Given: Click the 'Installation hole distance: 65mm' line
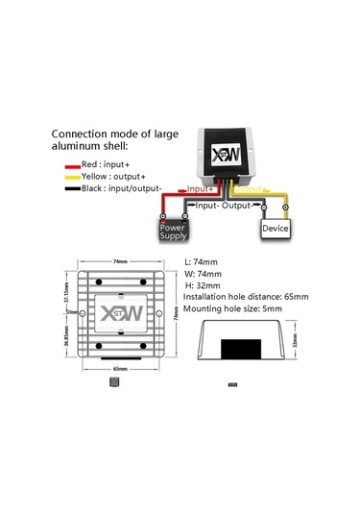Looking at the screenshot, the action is click(251, 299).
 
